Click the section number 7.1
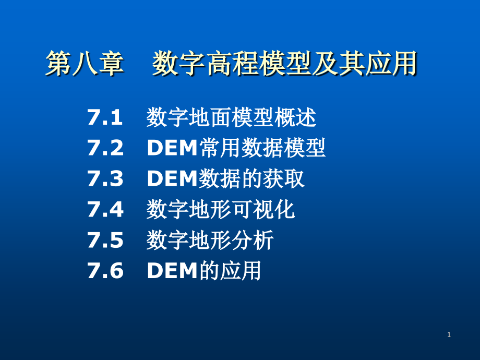click(x=105, y=118)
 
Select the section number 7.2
click(x=105, y=149)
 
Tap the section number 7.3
click(x=105, y=179)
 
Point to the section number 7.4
click(x=105, y=210)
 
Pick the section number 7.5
click(x=105, y=241)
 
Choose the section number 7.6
click(x=105, y=271)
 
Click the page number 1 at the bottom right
click(x=449, y=334)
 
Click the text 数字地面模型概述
click(x=231, y=118)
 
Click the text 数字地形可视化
click(x=221, y=210)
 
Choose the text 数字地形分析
click(x=210, y=241)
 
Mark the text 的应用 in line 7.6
click(x=231, y=271)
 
